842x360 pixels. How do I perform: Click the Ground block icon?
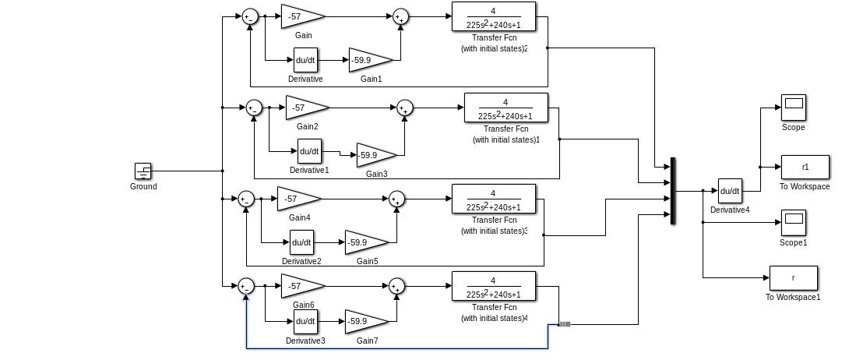click(143, 171)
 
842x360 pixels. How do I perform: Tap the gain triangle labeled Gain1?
click(367, 59)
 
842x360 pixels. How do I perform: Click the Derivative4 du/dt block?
click(730, 190)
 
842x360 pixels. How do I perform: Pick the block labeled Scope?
click(793, 108)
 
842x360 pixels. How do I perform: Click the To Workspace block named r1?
click(805, 167)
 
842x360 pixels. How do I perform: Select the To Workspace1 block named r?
click(793, 278)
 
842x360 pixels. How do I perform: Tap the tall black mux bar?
click(672, 191)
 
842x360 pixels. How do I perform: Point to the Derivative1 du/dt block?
click(309, 151)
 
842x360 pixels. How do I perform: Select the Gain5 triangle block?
click(363, 242)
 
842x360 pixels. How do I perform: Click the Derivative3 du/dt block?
click(305, 321)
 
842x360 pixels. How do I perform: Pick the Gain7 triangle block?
click(363, 321)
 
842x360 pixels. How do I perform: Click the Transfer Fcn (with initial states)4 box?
click(493, 287)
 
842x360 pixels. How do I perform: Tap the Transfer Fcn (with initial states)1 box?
click(506, 108)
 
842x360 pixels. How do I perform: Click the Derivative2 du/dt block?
click(301, 242)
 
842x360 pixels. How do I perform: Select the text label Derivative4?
click(730, 210)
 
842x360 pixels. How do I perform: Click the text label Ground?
click(143, 186)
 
